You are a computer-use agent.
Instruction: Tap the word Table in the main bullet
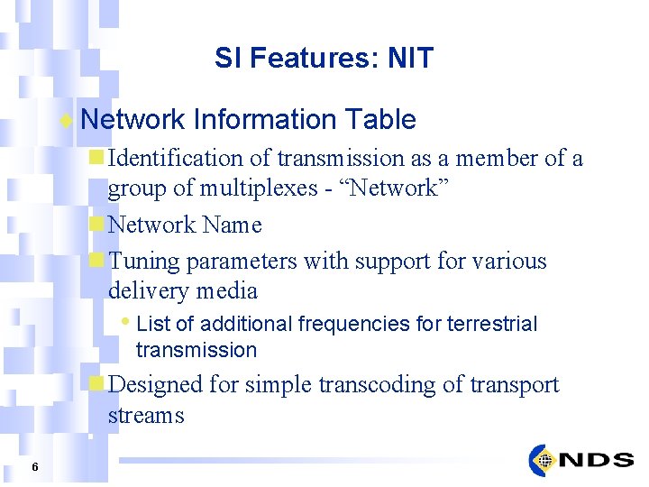379,119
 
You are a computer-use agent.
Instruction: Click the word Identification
176,159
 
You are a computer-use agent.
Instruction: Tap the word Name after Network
232,225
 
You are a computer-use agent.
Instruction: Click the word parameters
241,261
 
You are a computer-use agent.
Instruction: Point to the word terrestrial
493,324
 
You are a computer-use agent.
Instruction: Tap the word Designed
155,384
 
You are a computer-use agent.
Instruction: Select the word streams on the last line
146,415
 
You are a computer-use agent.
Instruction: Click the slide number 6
34,466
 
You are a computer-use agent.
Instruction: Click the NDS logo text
596,460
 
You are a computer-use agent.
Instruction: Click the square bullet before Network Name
96,225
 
